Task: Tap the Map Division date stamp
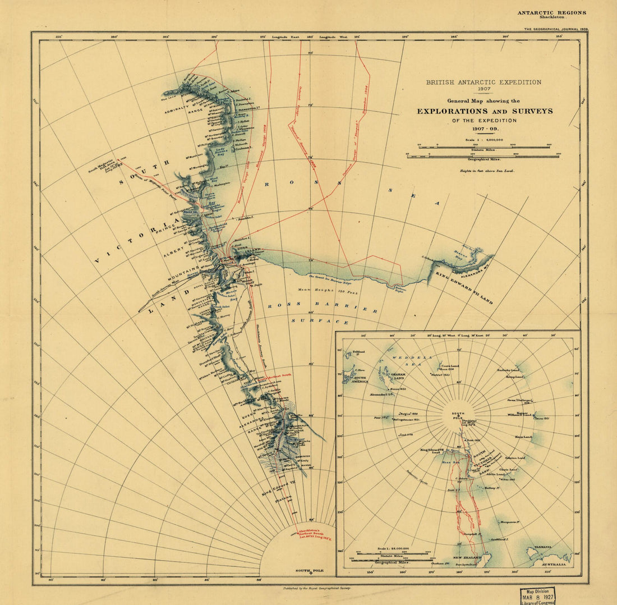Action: [537, 596]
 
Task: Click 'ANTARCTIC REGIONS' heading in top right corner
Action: [551, 12]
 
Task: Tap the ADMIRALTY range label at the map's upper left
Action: [182, 110]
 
